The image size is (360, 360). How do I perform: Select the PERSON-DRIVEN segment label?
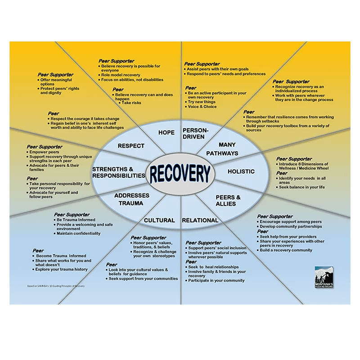[194, 133]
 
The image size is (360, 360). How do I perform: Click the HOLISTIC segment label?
[241, 171]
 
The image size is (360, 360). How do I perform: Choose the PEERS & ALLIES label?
[228, 201]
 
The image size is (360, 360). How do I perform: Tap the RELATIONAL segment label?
[200, 220]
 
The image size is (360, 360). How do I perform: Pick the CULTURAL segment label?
[159, 220]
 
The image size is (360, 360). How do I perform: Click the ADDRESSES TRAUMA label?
[131, 199]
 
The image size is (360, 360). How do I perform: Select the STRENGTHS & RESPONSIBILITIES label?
[119, 172]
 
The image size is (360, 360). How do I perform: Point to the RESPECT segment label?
[131, 146]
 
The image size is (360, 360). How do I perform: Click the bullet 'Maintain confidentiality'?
[79, 234]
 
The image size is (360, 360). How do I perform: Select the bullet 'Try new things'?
[202, 102]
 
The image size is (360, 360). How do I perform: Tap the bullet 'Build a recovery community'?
[286, 250]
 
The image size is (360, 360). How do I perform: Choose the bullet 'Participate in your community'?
[216, 280]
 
